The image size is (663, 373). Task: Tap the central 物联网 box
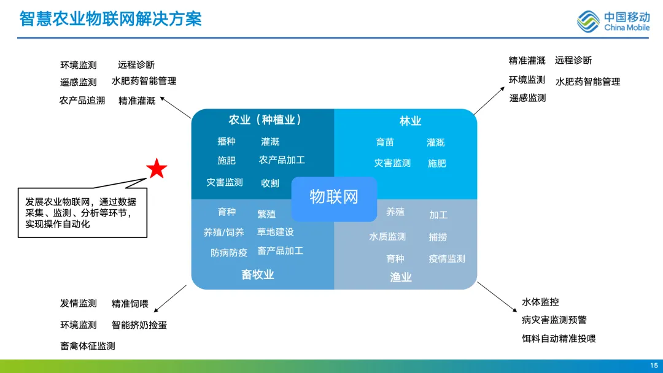coord(333,198)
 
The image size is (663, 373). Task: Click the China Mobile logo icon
coord(587,21)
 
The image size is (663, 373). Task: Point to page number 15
coord(654,366)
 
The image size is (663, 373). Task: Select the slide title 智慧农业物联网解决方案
coord(110,18)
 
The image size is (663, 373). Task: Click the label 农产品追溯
coord(82,101)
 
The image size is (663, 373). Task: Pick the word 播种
coord(227,142)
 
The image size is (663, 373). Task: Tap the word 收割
coord(270,183)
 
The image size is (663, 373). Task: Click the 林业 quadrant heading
coord(410,121)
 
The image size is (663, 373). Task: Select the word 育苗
coord(385,142)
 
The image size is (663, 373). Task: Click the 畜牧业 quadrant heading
coord(258,275)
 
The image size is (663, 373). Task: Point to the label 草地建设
coord(275,232)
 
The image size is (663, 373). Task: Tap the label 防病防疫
coord(229,253)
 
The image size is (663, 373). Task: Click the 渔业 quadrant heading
coord(401,277)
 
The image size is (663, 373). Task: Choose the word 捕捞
coord(438,237)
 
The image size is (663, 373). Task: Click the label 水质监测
coord(387,237)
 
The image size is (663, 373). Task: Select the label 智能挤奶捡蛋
coord(139,325)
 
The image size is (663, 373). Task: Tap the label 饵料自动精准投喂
coord(559,339)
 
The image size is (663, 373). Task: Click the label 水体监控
coord(540,302)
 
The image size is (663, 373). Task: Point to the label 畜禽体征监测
coord(88,346)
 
